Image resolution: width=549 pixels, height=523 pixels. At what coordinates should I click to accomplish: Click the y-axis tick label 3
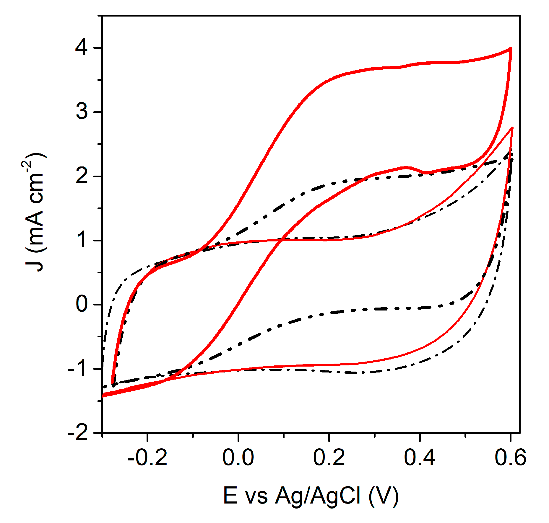point(82,112)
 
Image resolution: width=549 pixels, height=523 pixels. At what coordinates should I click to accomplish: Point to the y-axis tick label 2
point(82,176)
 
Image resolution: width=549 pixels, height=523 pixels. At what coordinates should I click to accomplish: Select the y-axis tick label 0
point(82,304)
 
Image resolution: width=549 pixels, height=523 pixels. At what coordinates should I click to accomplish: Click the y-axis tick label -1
point(78,369)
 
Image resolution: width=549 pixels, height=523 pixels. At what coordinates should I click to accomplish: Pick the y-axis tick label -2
point(78,433)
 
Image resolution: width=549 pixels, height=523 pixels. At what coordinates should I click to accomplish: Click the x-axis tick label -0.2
point(147,458)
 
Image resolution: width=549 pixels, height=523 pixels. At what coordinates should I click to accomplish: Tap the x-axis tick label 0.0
point(238,458)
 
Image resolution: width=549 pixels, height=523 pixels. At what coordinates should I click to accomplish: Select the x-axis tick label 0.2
point(329,458)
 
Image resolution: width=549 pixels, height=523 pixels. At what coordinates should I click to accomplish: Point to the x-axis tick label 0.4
point(420,458)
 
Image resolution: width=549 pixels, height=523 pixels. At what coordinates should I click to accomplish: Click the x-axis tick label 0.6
point(510,458)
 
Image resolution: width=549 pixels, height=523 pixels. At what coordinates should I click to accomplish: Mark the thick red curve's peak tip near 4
point(511,48)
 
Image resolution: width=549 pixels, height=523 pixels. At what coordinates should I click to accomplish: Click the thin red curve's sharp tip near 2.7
point(512,128)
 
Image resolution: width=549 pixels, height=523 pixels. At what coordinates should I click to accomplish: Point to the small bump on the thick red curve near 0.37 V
point(407,167)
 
